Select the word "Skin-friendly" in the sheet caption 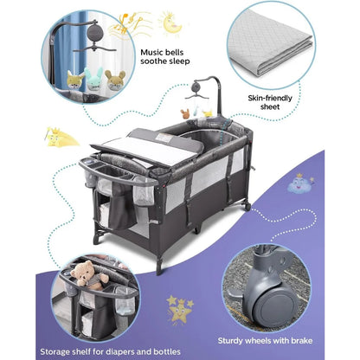click(x=270, y=98)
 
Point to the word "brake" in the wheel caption click(x=301, y=341)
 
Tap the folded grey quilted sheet click(x=270, y=45)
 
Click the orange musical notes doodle click(x=130, y=24)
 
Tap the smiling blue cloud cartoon click(x=300, y=184)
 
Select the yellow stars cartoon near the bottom click(x=179, y=309)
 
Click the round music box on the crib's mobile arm click(x=197, y=86)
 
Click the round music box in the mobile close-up click(x=96, y=34)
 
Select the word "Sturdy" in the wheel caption click(x=230, y=341)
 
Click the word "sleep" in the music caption click(x=179, y=61)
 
